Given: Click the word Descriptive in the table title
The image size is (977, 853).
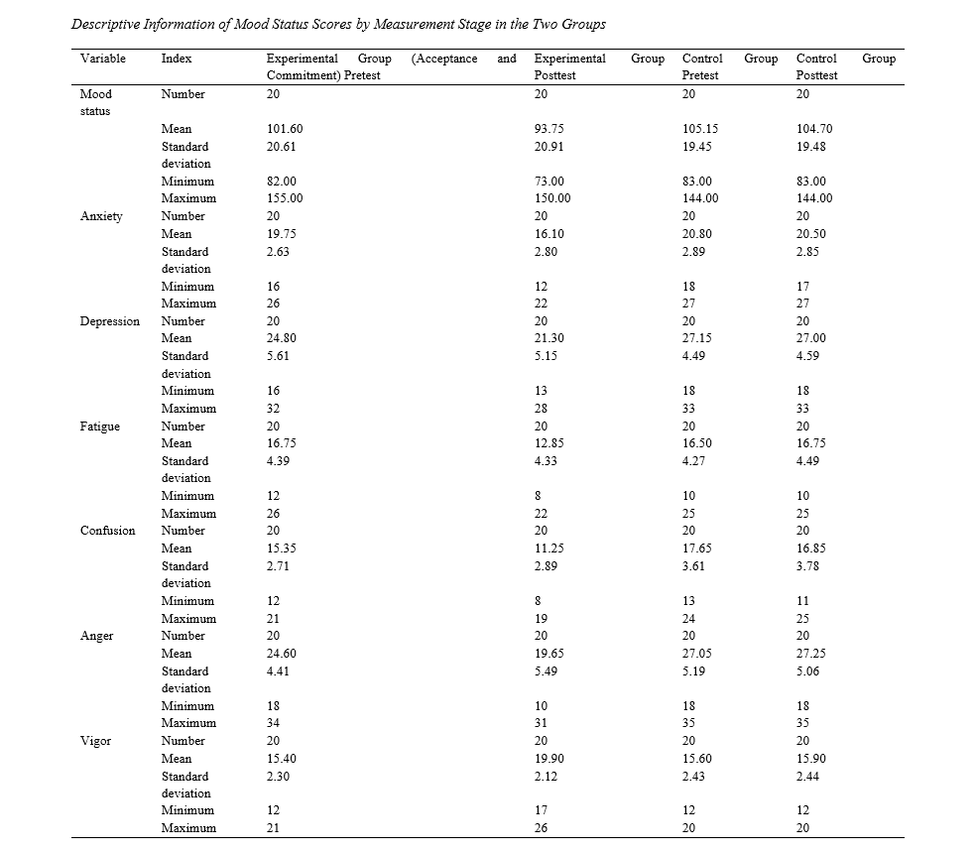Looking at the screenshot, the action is [x=105, y=24].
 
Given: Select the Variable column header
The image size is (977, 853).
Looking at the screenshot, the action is [x=103, y=59].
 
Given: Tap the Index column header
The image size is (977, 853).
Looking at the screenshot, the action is [x=177, y=59].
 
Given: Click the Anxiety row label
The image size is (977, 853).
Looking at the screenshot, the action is [x=101, y=216].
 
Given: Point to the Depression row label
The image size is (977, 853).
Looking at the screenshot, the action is [x=110, y=321].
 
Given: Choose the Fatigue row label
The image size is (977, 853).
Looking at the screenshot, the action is [x=100, y=426].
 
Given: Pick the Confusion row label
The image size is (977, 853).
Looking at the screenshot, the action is [x=107, y=531].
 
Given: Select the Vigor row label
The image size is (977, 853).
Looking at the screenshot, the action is [x=95, y=742].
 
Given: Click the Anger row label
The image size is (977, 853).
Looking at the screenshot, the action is [x=96, y=636].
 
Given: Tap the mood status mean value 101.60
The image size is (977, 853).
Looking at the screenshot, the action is [x=285, y=129].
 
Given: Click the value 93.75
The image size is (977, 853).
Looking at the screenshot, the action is [x=549, y=129].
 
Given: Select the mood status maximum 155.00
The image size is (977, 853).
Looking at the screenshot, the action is [x=285, y=198].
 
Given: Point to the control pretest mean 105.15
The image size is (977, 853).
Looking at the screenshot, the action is [x=700, y=129].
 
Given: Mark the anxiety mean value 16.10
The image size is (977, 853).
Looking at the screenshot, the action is [x=549, y=234].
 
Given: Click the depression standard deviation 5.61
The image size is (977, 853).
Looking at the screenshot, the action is [x=278, y=356].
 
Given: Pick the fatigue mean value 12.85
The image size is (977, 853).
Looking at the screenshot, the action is [x=549, y=443].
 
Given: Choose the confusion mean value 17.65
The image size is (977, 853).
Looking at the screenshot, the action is [x=697, y=548].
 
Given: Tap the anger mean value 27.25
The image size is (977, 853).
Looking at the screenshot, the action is [x=811, y=654].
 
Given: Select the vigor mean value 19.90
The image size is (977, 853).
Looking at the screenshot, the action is [x=549, y=759].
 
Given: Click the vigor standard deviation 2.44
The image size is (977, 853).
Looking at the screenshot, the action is [x=807, y=777].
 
